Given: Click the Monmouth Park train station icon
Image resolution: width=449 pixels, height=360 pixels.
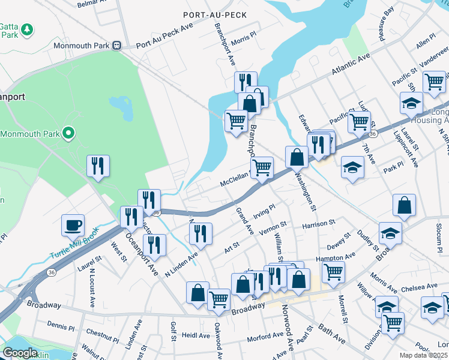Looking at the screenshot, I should pyautogui.click(x=119, y=46).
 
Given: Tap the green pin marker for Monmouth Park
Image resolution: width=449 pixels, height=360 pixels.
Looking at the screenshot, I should pyautogui.click(x=69, y=133).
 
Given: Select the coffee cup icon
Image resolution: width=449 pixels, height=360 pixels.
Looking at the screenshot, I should pyautogui.click(x=73, y=226).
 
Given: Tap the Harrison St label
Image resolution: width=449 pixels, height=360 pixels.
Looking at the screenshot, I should pyautogui.click(x=318, y=224).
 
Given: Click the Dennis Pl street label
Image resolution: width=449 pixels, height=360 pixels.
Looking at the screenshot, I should pyautogui.click(x=60, y=326).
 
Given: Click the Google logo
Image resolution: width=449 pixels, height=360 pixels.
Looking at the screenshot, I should pyautogui.click(x=20, y=353).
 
